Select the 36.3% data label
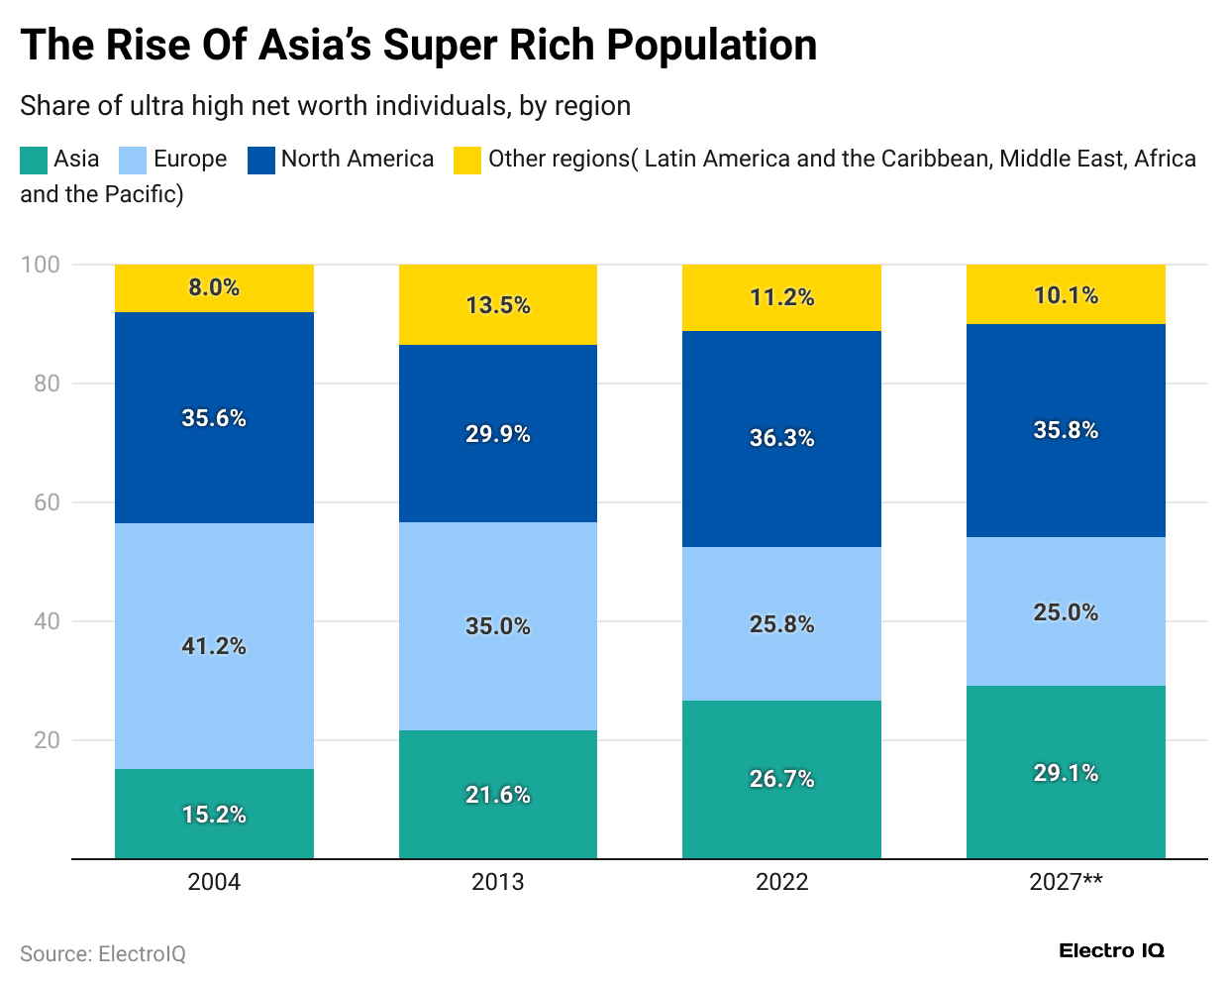(781, 438)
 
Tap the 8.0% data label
(214, 287)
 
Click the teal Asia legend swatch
(34, 160)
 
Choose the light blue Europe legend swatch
(133, 160)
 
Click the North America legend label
(357, 159)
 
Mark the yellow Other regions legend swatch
(467, 160)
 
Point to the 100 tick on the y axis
(41, 265)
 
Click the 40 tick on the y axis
(47, 621)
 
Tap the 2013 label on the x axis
(497, 882)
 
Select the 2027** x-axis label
(1066, 882)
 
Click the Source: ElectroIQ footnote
(103, 953)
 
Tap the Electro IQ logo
(1111, 951)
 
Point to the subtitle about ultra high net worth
(325, 106)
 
